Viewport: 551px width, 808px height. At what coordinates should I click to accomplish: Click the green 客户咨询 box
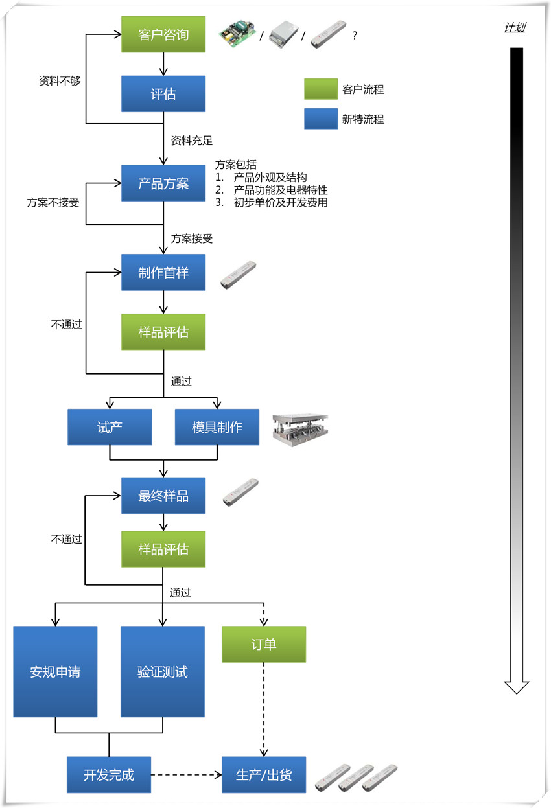click(x=163, y=34)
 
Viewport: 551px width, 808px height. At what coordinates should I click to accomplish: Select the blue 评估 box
click(x=163, y=94)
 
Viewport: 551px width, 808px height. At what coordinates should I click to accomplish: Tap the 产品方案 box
click(x=163, y=183)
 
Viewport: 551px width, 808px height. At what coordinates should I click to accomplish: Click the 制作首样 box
click(x=163, y=272)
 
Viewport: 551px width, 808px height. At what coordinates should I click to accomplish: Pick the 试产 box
click(x=110, y=427)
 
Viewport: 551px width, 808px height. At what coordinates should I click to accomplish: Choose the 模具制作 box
click(x=217, y=427)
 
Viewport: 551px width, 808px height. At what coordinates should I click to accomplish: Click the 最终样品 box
click(x=163, y=496)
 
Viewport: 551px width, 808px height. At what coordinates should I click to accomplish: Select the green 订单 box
click(x=264, y=644)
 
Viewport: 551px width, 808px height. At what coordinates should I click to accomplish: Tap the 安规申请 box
click(x=55, y=672)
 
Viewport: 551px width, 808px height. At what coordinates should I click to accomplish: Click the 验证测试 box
click(x=162, y=672)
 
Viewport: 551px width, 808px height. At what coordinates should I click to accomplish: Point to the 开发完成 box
click(x=109, y=775)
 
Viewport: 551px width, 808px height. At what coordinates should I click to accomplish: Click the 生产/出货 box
click(x=264, y=775)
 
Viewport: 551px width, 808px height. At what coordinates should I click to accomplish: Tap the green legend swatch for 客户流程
click(x=321, y=89)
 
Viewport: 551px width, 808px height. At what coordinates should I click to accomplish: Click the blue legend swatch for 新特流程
click(x=321, y=119)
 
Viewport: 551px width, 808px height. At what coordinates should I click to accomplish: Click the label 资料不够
click(x=60, y=80)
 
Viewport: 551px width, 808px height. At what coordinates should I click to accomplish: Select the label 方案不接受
click(x=53, y=202)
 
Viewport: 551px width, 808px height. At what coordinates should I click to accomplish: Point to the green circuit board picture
click(x=237, y=34)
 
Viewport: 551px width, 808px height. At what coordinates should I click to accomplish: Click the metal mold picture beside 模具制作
click(x=300, y=430)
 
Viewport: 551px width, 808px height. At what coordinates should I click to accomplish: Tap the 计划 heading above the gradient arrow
click(x=515, y=27)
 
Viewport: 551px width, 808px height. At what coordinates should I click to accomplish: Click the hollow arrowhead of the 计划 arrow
click(x=517, y=687)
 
